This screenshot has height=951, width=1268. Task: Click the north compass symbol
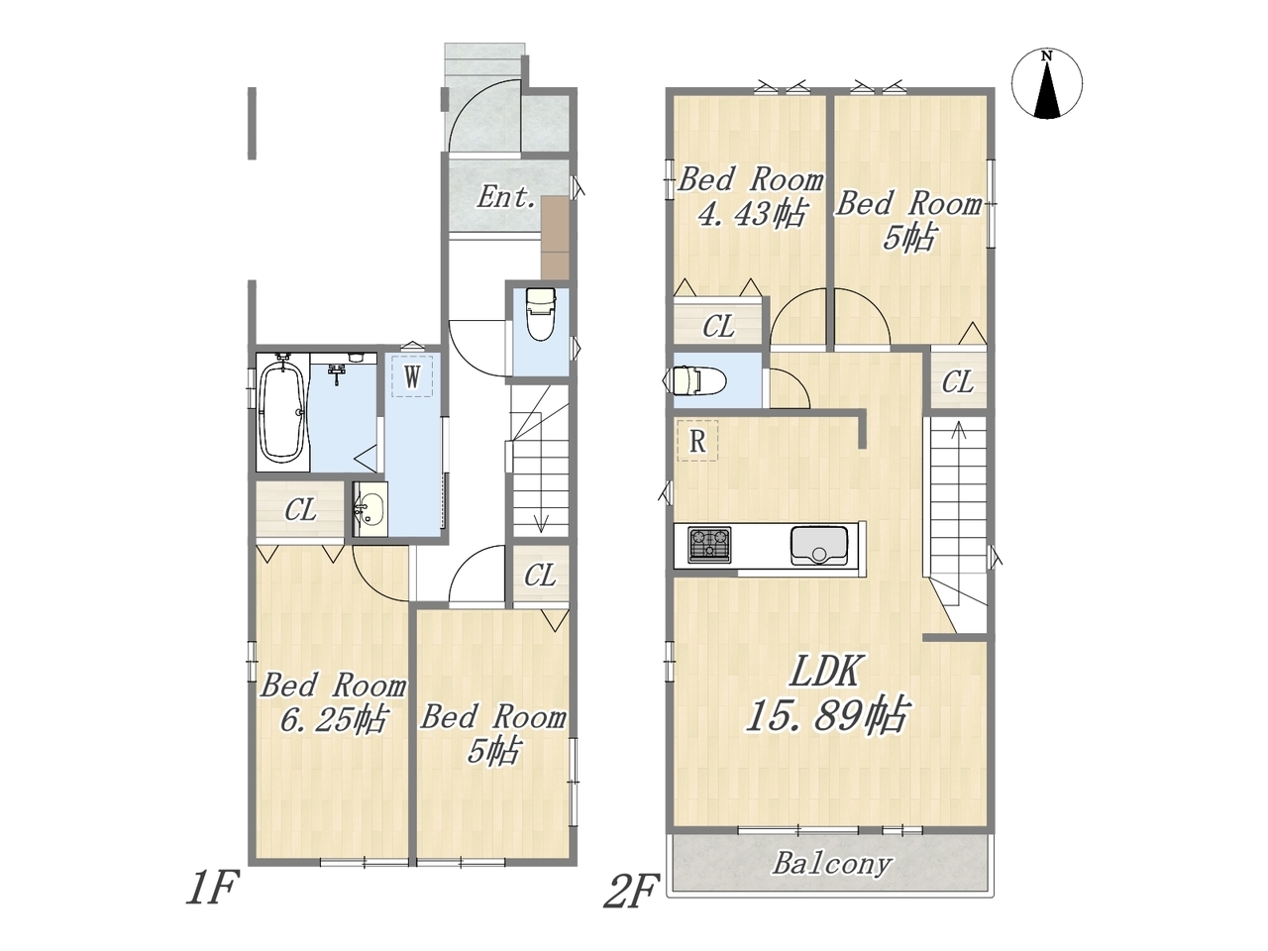[1047, 84]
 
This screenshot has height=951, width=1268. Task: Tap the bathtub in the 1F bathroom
[283, 413]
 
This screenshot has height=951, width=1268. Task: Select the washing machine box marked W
[412, 376]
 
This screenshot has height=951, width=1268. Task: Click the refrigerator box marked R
[697, 441]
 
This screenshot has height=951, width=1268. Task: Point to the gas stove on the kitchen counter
[709, 544]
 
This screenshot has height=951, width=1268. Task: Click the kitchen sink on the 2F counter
[818, 545]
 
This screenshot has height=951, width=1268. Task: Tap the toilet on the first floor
[541, 314]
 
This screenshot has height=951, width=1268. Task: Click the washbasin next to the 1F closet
[370, 509]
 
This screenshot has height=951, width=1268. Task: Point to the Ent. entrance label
[506, 198]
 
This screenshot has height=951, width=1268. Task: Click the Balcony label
[832, 865]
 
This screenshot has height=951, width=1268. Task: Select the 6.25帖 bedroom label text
[333, 719]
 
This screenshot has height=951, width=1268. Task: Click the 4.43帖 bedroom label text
[751, 214]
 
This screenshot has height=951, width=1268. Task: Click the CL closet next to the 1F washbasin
[301, 510]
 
